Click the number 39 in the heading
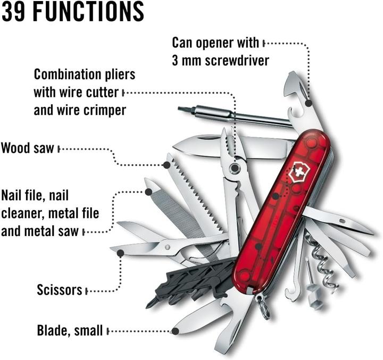tap(15, 11)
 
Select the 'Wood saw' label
tap(28, 147)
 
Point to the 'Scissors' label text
tap(60, 290)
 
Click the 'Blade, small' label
tap(69, 330)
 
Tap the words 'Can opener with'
tap(215, 42)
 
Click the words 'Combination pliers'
tap(85, 73)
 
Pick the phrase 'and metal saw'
tap(41, 231)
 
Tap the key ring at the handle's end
tap(262, 308)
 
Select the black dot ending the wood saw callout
tap(166, 165)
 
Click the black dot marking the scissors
tap(121, 253)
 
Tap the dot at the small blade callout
tap(175, 331)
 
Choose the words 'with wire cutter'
tap(76, 92)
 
